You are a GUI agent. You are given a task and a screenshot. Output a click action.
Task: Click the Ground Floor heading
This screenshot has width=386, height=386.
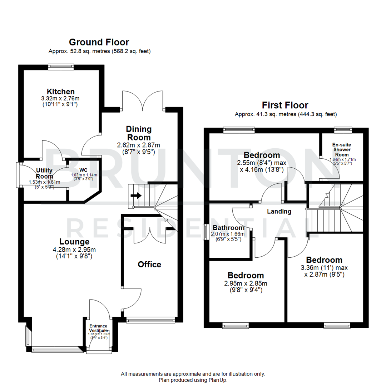pos(99,42)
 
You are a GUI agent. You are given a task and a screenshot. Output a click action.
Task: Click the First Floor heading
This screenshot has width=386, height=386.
pos(285,105)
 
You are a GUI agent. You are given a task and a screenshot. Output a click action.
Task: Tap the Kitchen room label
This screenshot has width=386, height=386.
pos(60,91)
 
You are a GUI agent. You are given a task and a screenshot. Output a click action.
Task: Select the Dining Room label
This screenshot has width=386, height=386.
pos(139,133)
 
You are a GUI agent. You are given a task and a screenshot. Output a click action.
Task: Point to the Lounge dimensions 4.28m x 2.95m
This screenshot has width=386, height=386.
pos(74,249)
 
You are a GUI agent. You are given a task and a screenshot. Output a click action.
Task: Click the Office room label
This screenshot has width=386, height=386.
pos(149,264)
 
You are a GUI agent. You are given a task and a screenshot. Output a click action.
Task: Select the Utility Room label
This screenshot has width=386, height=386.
pos(44,173)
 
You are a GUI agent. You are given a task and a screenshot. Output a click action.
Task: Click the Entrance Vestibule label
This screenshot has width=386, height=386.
pos(98,328)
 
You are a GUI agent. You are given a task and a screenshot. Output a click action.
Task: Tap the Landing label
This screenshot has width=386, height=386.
pos(279,212)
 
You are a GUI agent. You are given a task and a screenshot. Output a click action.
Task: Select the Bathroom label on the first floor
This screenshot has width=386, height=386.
pos(229,228)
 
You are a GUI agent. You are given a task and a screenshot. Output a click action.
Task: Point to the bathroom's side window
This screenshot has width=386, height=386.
pos(206,232)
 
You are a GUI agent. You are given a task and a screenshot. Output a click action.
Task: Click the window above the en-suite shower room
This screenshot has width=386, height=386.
pos(342,129)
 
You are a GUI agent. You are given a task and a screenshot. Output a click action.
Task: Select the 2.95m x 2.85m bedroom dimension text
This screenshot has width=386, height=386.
pos(246,283)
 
